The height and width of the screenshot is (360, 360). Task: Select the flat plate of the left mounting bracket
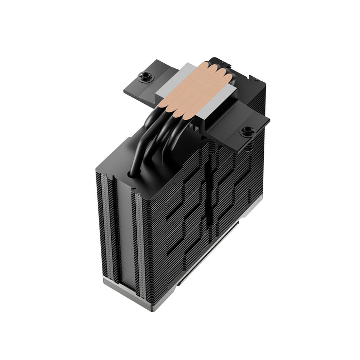click(139, 87)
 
